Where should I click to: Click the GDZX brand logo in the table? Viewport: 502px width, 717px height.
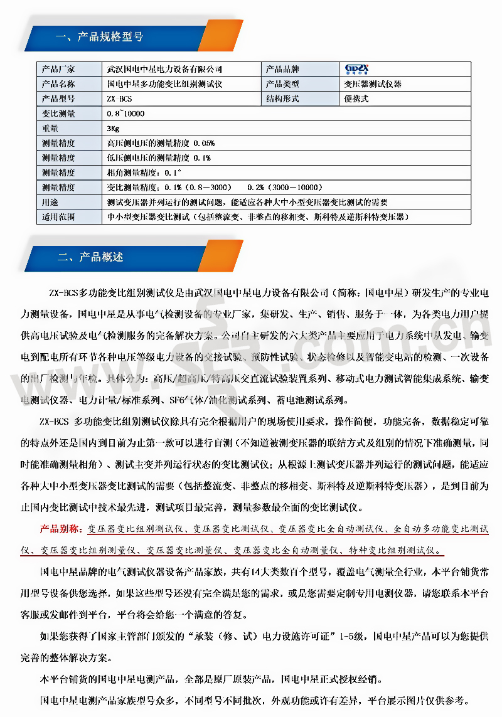[358, 69]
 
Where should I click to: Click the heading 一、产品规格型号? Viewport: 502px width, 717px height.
[100, 36]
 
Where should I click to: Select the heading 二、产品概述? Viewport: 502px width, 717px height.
[90, 257]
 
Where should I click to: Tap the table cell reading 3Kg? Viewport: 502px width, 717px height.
[114, 129]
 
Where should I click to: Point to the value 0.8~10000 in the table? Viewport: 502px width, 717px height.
[125, 114]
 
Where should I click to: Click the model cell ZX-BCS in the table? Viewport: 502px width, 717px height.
[119, 99]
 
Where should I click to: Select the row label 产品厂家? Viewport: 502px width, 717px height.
[58, 69]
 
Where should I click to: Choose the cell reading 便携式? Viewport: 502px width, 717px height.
[356, 99]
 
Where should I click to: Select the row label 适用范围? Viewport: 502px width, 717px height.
[58, 217]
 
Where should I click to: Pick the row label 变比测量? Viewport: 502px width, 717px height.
[58, 114]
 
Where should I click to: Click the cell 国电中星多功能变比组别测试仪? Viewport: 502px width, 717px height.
[165, 84]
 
